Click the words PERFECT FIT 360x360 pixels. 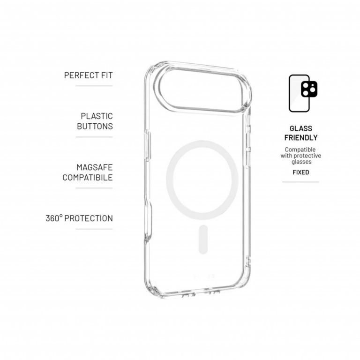(88, 75)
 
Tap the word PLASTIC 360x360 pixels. (97, 116)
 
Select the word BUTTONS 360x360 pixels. (94, 126)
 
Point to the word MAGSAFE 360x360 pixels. (94, 167)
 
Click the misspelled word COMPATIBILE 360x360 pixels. (88, 178)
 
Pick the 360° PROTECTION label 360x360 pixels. (79, 218)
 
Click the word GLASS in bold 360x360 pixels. (300, 128)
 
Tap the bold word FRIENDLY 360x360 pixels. (300, 138)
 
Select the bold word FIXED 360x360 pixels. (300, 172)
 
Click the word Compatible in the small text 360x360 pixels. (300, 150)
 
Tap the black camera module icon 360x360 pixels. (309, 89)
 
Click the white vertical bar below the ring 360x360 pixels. (202, 239)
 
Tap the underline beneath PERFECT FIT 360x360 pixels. (94, 86)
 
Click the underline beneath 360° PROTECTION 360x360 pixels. (94, 229)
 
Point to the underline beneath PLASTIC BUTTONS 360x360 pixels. (94, 137)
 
